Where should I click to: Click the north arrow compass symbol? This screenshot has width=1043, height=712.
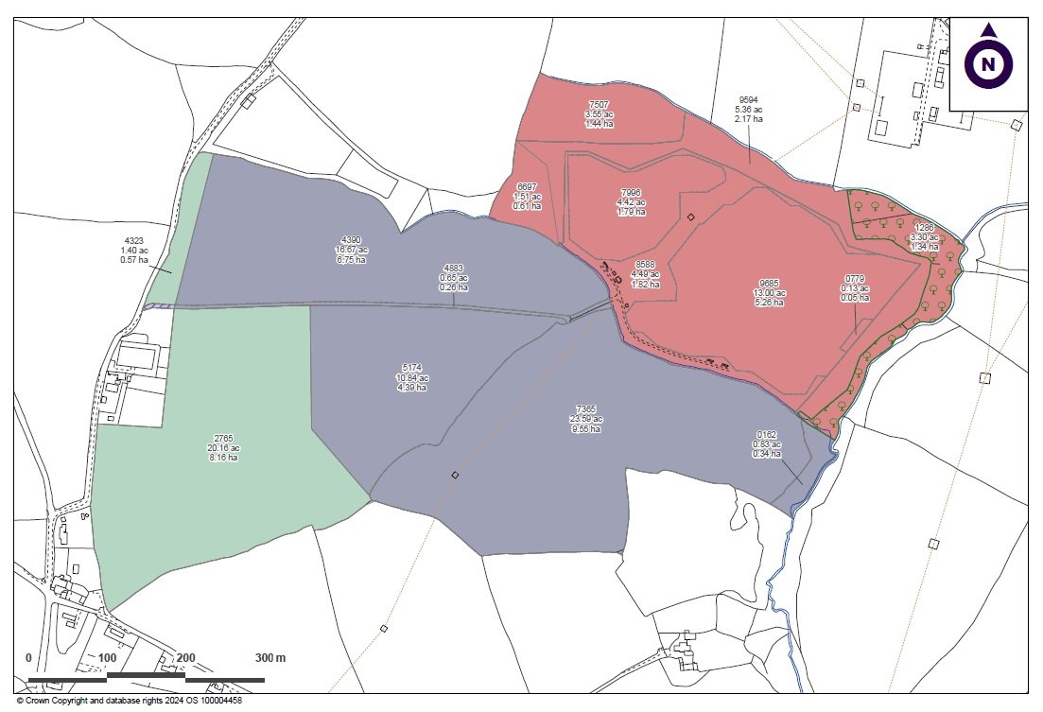point(988,62)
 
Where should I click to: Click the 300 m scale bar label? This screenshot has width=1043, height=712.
point(269,658)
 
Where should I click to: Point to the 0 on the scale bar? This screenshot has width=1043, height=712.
point(28,658)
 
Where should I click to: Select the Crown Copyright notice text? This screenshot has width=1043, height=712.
point(130,702)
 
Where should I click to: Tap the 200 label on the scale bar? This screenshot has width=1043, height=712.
point(185,658)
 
